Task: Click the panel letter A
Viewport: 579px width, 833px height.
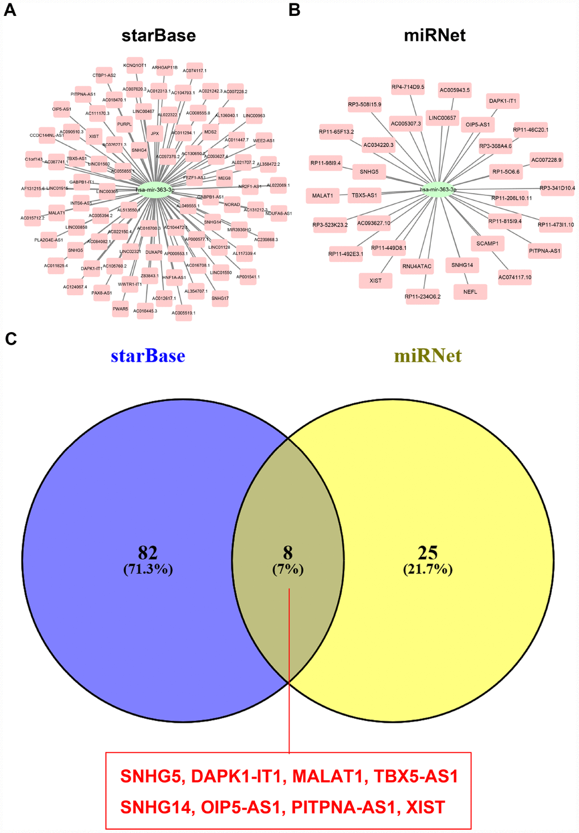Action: pyautogui.click(x=10, y=10)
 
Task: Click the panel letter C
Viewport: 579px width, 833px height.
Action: pyautogui.click(x=11, y=339)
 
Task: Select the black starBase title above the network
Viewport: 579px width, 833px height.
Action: pyautogui.click(x=158, y=36)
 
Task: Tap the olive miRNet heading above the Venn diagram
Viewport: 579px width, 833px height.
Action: pyautogui.click(x=427, y=356)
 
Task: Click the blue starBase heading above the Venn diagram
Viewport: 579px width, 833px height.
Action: pyautogui.click(x=148, y=356)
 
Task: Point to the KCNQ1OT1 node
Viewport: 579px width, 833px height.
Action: pyautogui.click(x=135, y=65)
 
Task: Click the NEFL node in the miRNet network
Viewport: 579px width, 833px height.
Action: pyautogui.click(x=470, y=292)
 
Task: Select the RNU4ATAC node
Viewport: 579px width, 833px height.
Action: pyautogui.click(x=417, y=266)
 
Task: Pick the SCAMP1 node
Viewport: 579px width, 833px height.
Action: pyautogui.click(x=487, y=244)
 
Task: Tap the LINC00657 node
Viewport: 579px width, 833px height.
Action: pyautogui.click(x=442, y=118)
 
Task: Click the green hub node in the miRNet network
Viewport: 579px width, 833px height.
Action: pyautogui.click(x=438, y=190)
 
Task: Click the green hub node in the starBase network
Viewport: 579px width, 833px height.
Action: pyautogui.click(x=154, y=190)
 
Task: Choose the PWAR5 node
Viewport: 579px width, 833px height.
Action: pyautogui.click(x=120, y=309)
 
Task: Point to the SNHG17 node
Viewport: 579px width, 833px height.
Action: pyautogui.click(x=220, y=298)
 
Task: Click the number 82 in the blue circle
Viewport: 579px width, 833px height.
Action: pyautogui.click(x=148, y=552)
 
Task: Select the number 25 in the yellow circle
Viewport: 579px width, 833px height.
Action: pyautogui.click(x=427, y=552)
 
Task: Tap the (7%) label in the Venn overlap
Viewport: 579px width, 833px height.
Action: pyautogui.click(x=288, y=569)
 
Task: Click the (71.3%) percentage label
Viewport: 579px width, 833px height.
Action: pyautogui.click(x=148, y=569)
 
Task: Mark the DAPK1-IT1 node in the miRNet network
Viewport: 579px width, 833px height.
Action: pyautogui.click(x=502, y=101)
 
